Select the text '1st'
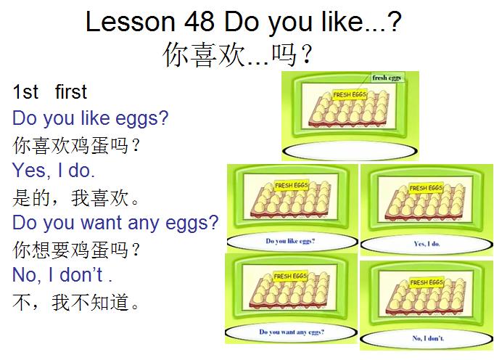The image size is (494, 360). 25,92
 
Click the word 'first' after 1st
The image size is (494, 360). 70,92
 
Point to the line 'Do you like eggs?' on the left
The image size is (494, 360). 90,118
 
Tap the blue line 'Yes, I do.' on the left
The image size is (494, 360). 54,171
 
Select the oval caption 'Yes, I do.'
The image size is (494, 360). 427,243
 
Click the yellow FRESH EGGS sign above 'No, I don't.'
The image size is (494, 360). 429,282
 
